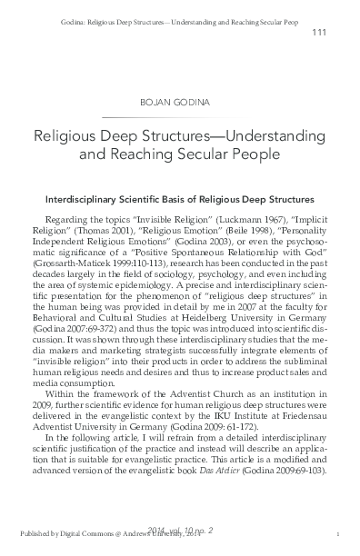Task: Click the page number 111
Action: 318,33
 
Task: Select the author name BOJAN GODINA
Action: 180,103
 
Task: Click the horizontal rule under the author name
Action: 180,117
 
